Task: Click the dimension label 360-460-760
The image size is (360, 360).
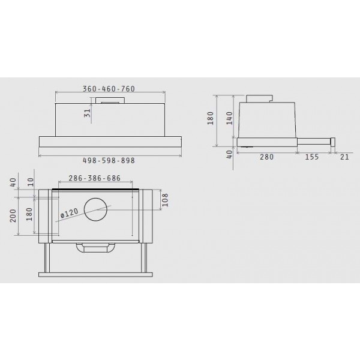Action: (x=109, y=89)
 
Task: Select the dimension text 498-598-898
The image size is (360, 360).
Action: (x=109, y=160)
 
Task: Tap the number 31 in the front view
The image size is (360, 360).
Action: (x=88, y=113)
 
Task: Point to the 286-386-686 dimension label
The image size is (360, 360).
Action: (x=95, y=178)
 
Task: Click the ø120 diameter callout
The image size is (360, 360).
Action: (x=70, y=213)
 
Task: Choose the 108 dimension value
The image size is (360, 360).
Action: (x=165, y=200)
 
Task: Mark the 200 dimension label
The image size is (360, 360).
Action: (x=13, y=215)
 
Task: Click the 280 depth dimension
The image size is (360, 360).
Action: (x=266, y=157)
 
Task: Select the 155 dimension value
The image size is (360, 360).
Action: (x=312, y=157)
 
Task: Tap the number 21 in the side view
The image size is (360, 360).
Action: (x=344, y=157)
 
